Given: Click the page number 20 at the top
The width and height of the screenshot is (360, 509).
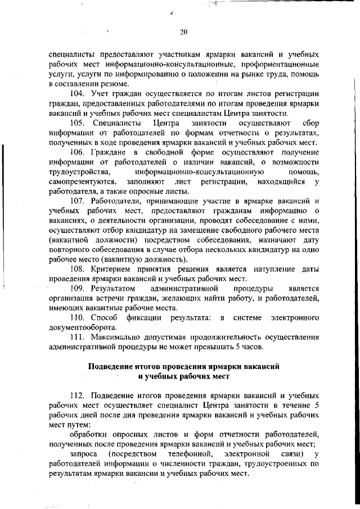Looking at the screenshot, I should [x=183, y=31].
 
